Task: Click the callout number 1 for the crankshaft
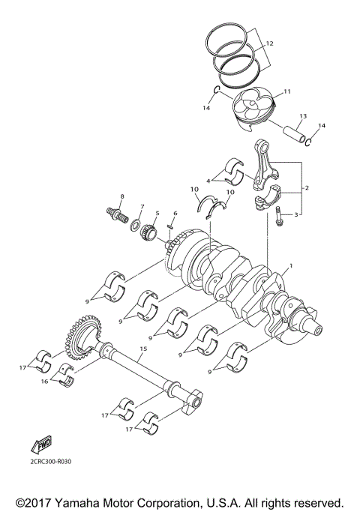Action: [292, 267]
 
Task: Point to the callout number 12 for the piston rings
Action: [271, 43]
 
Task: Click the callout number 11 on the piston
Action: [285, 92]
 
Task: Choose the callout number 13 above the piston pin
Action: [303, 116]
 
